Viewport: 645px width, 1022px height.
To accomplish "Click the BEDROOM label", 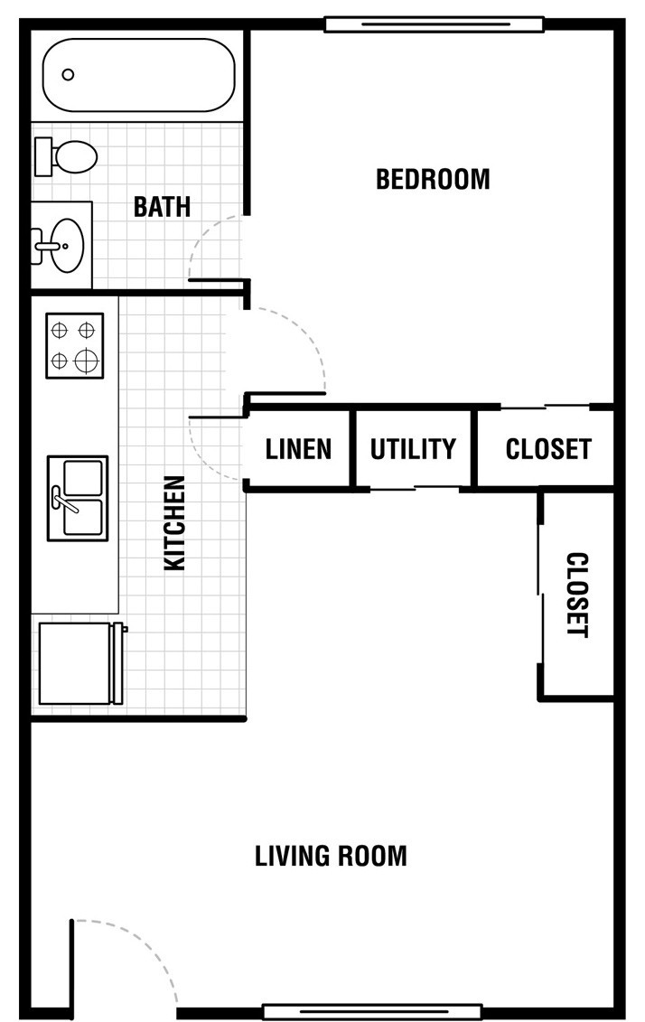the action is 433,179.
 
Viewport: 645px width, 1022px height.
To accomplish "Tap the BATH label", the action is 163,207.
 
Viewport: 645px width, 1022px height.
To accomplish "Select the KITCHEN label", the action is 174,522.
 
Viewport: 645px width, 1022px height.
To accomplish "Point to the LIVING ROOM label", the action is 331,856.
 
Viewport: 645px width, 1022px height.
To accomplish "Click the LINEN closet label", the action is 298,449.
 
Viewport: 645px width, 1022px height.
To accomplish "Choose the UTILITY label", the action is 413,449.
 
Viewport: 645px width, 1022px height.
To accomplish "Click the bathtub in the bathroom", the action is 139,75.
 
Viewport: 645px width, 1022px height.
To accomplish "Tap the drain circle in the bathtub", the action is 68,75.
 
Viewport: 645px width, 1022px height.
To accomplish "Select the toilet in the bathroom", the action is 66,156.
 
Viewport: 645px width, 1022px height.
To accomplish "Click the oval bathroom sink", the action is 67,244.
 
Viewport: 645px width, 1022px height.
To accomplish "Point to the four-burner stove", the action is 74,345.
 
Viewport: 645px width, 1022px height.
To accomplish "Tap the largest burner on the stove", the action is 87,360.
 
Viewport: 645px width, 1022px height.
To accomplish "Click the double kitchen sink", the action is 78,498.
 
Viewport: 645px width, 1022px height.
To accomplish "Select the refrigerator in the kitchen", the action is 81,663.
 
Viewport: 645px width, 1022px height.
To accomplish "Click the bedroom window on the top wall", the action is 435,24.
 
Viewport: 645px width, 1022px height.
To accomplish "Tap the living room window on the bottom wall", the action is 372,1012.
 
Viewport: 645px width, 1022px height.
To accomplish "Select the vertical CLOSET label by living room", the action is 577,595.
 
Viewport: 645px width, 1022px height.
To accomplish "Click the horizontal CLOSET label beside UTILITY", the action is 548,449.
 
